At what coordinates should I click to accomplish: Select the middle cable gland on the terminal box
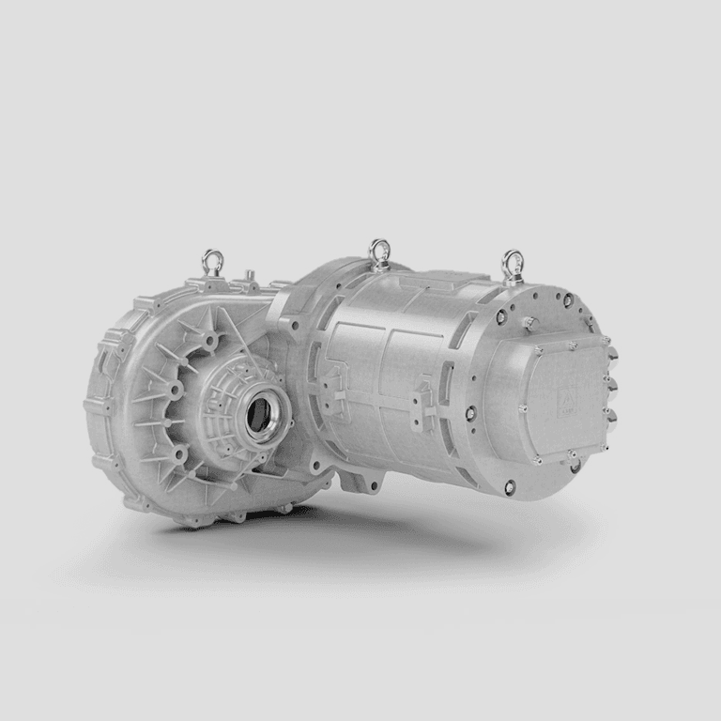(x=613, y=384)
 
